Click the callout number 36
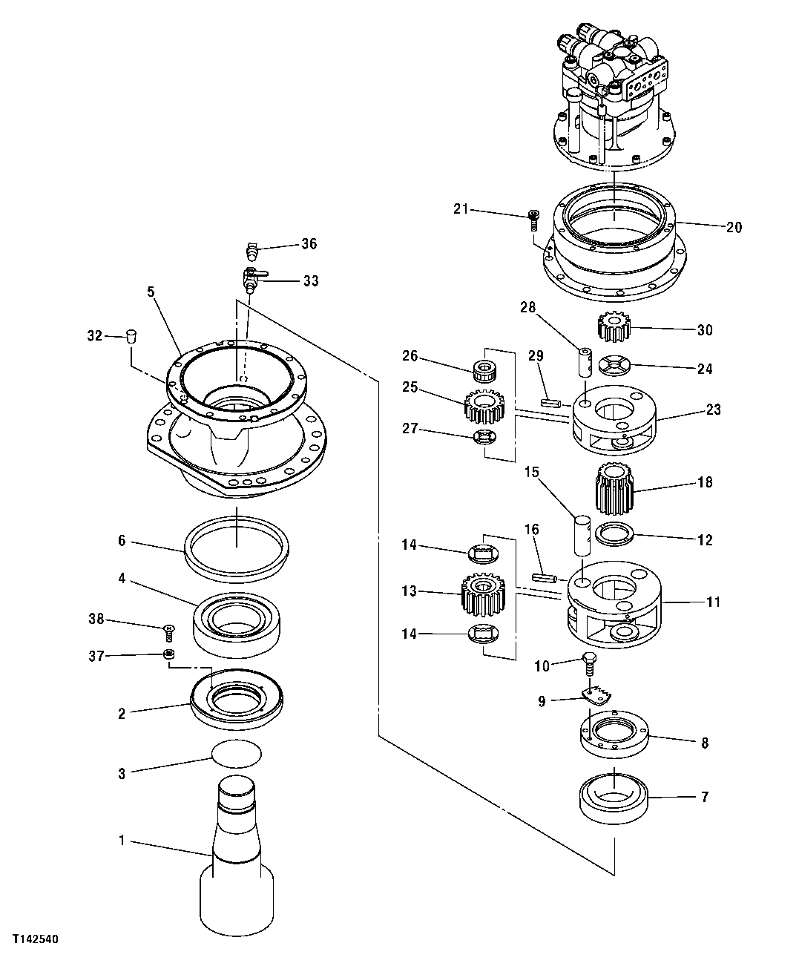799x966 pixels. (309, 243)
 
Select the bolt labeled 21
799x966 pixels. (533, 217)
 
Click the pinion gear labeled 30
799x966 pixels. (614, 326)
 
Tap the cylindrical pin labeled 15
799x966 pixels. (583, 536)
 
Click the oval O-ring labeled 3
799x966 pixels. (237, 755)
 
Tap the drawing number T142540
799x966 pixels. (33, 939)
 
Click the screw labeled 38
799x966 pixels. (169, 632)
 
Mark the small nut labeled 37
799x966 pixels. (169, 654)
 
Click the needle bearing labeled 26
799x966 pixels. (485, 367)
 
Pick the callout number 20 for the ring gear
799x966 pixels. (733, 228)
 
